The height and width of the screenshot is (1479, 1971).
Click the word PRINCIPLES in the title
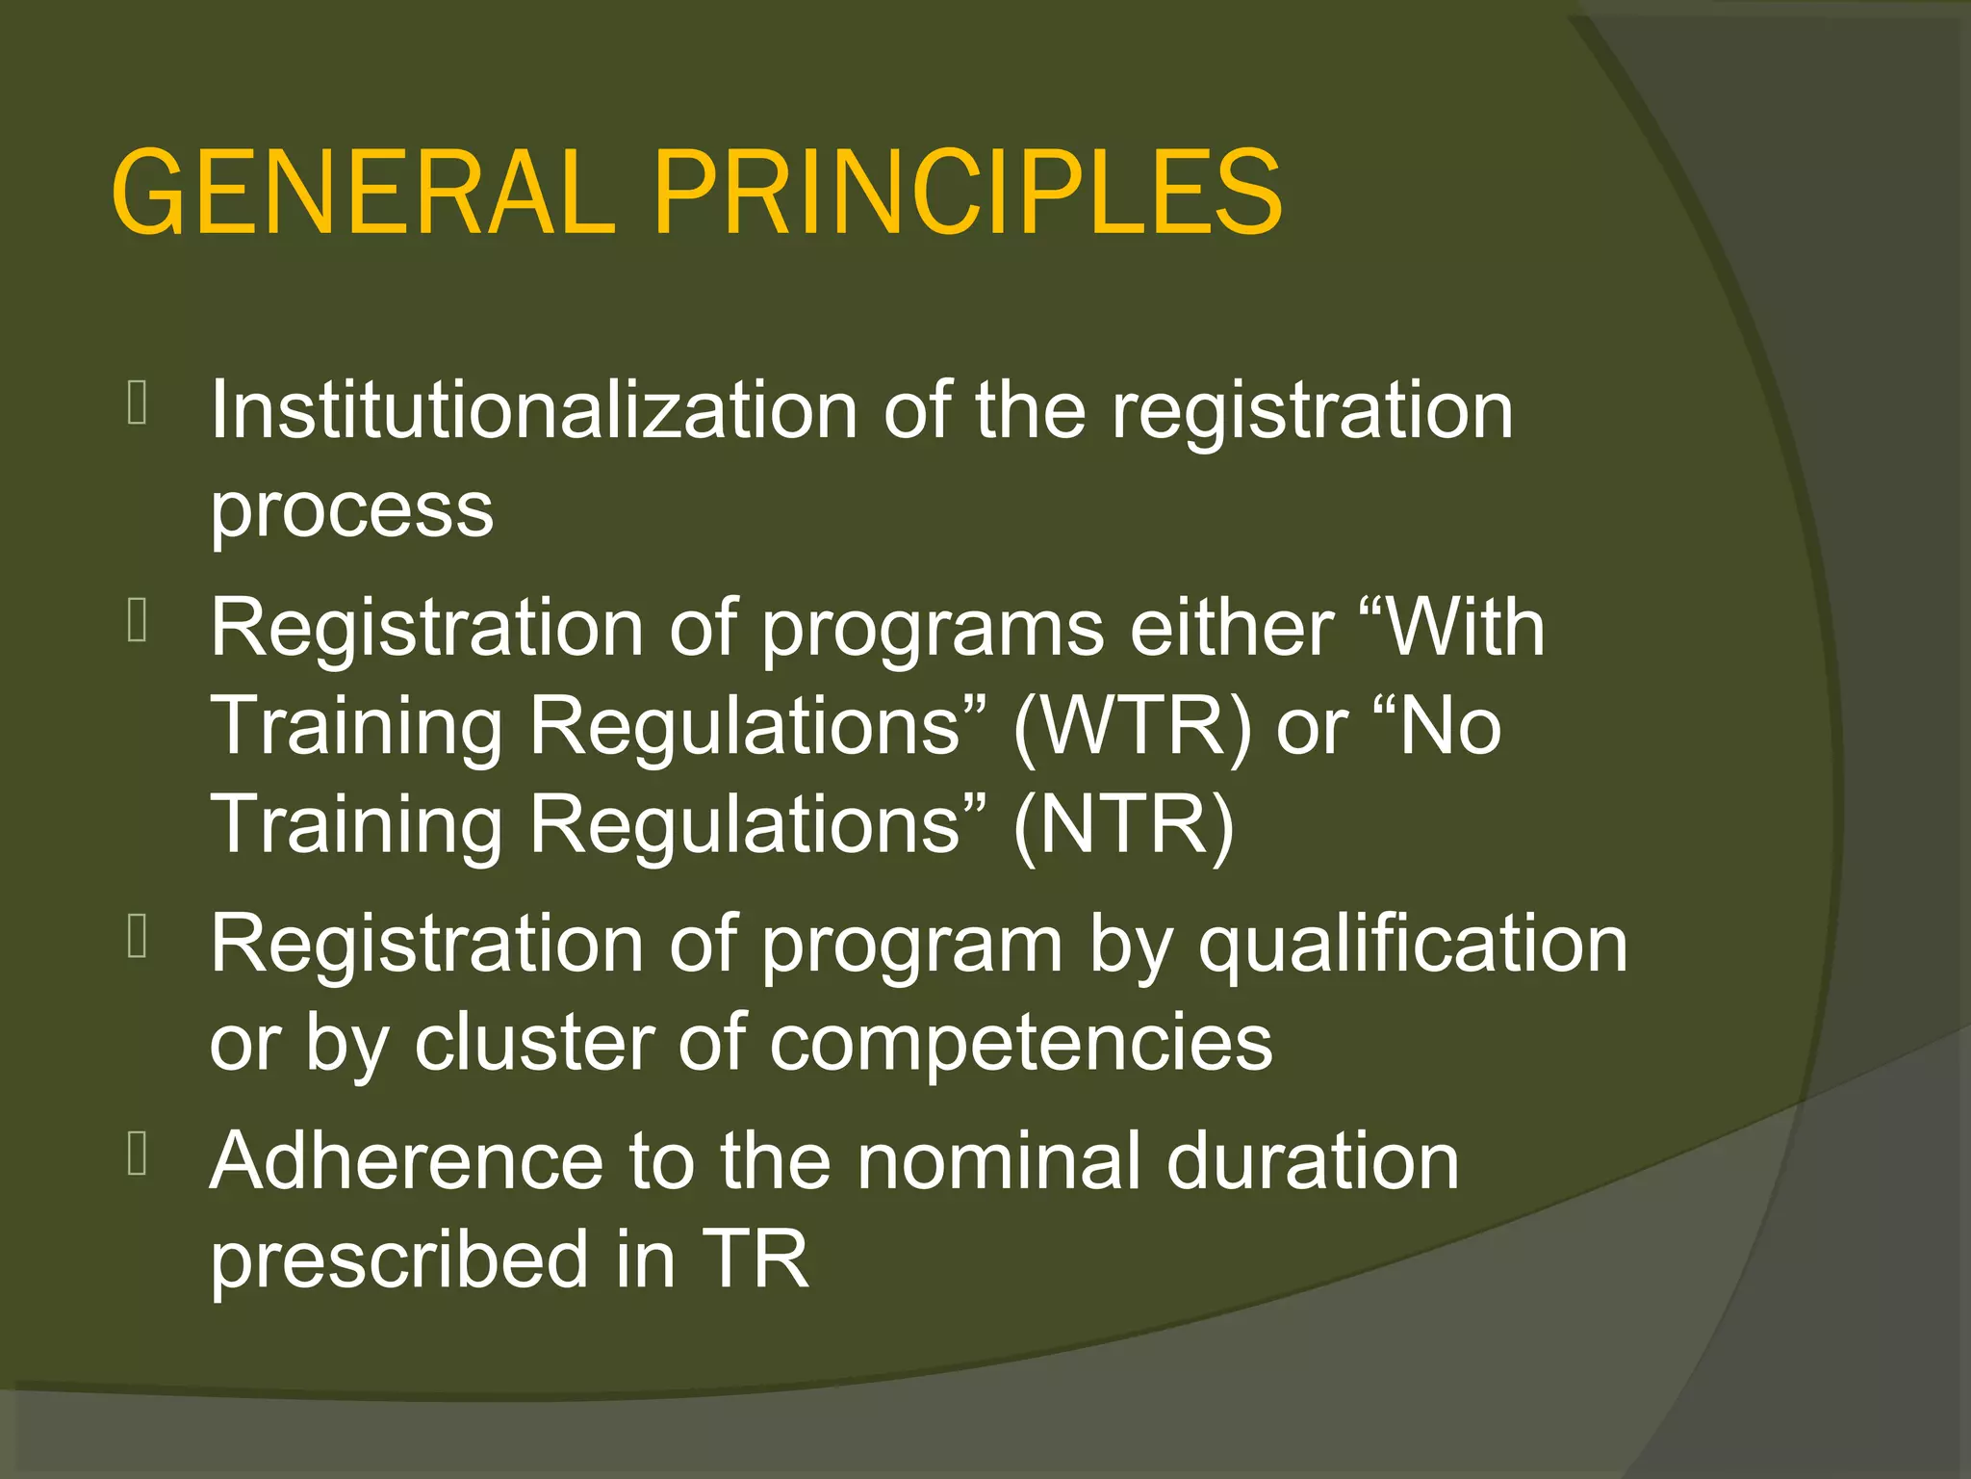pos(967,193)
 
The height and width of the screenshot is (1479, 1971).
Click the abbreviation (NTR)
pos(1123,825)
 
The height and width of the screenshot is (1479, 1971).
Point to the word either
pos(1232,628)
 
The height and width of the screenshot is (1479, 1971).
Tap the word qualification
pos(1413,946)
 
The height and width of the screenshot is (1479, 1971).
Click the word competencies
pos(1020,1045)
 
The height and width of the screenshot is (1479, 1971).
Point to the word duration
pos(1313,1162)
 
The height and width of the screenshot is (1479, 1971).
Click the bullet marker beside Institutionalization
pos(137,403)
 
